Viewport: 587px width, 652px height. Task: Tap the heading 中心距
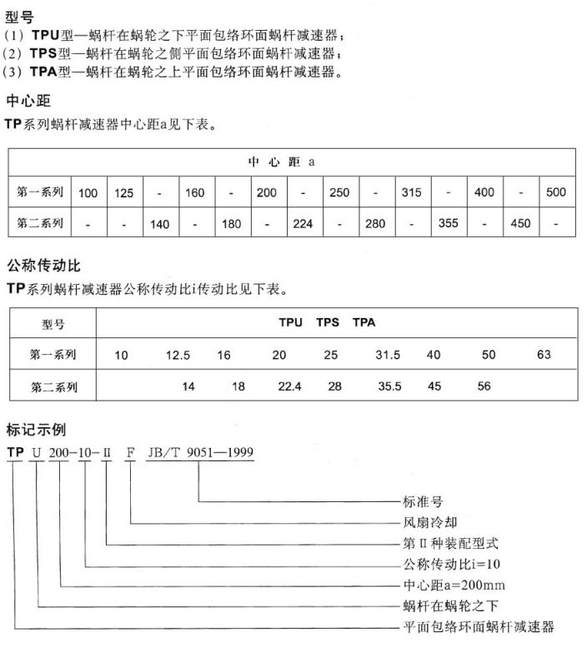pyautogui.click(x=28, y=102)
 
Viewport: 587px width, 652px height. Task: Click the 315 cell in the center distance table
pyautogui.click(x=411, y=193)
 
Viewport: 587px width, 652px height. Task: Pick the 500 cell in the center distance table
pyautogui.click(x=556, y=193)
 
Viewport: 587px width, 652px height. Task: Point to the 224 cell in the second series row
pyautogui.click(x=303, y=224)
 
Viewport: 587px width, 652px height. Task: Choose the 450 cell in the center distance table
pyautogui.click(x=520, y=224)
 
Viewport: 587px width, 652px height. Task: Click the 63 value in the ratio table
pyautogui.click(x=544, y=356)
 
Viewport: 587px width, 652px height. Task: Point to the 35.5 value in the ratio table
pyautogui.click(x=390, y=386)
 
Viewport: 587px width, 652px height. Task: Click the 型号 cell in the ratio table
pyautogui.click(x=53, y=324)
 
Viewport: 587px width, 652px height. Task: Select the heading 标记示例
pyautogui.click(x=36, y=431)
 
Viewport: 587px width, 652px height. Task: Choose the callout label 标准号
pyautogui.click(x=422, y=503)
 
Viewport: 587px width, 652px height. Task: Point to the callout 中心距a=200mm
pyautogui.click(x=454, y=585)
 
